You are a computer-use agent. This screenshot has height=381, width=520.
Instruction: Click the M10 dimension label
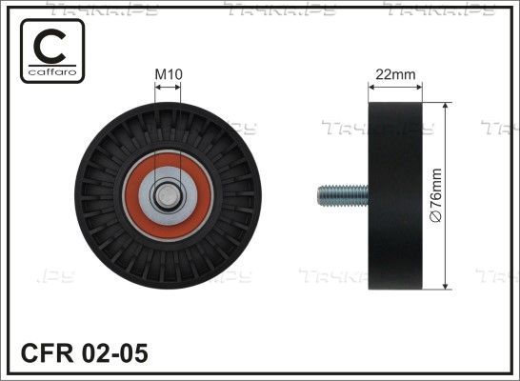tap(169, 74)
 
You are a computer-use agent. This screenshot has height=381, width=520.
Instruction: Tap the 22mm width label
tap(395, 74)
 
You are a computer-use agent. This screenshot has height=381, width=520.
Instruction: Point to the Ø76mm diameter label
tap(436, 195)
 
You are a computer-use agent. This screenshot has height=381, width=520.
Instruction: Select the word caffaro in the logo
tap(52, 71)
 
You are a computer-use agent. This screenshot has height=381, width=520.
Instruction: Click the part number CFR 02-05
tap(85, 353)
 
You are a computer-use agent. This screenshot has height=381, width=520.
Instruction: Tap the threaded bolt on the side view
tap(343, 195)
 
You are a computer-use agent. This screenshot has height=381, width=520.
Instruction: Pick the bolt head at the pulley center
tap(168, 195)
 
